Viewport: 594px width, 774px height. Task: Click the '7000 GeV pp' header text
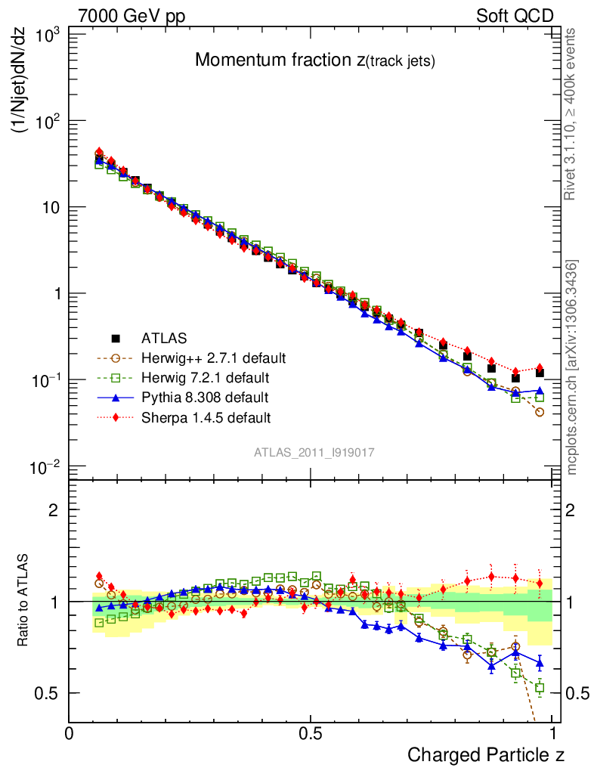coord(131,16)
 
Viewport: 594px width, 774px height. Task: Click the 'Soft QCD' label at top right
coord(515,16)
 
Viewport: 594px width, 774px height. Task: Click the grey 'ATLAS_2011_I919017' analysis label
coord(314,451)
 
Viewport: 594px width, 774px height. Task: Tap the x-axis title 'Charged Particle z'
coord(486,754)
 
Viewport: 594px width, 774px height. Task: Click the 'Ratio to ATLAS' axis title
coord(23,602)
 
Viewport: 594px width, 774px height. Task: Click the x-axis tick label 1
coord(553,733)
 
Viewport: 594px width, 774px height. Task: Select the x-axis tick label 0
coord(70,733)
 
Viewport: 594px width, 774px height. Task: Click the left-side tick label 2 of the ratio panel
coord(53,510)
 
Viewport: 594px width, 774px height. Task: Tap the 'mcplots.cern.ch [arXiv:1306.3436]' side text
coord(572,367)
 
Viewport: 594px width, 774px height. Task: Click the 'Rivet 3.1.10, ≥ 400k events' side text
coord(572,114)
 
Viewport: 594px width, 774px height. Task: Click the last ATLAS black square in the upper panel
coord(540,373)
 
